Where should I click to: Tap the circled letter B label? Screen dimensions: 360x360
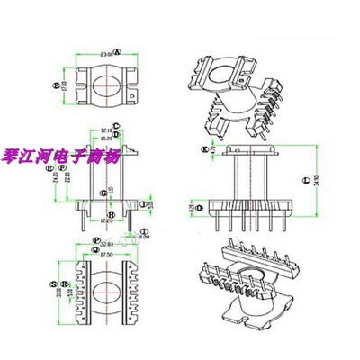55,86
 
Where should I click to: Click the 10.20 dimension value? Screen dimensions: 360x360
105,139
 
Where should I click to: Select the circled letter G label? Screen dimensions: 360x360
103,193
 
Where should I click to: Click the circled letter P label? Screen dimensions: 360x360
95,240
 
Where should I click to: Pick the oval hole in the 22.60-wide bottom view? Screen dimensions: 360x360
105,289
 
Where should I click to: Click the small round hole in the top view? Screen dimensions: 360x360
134,93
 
